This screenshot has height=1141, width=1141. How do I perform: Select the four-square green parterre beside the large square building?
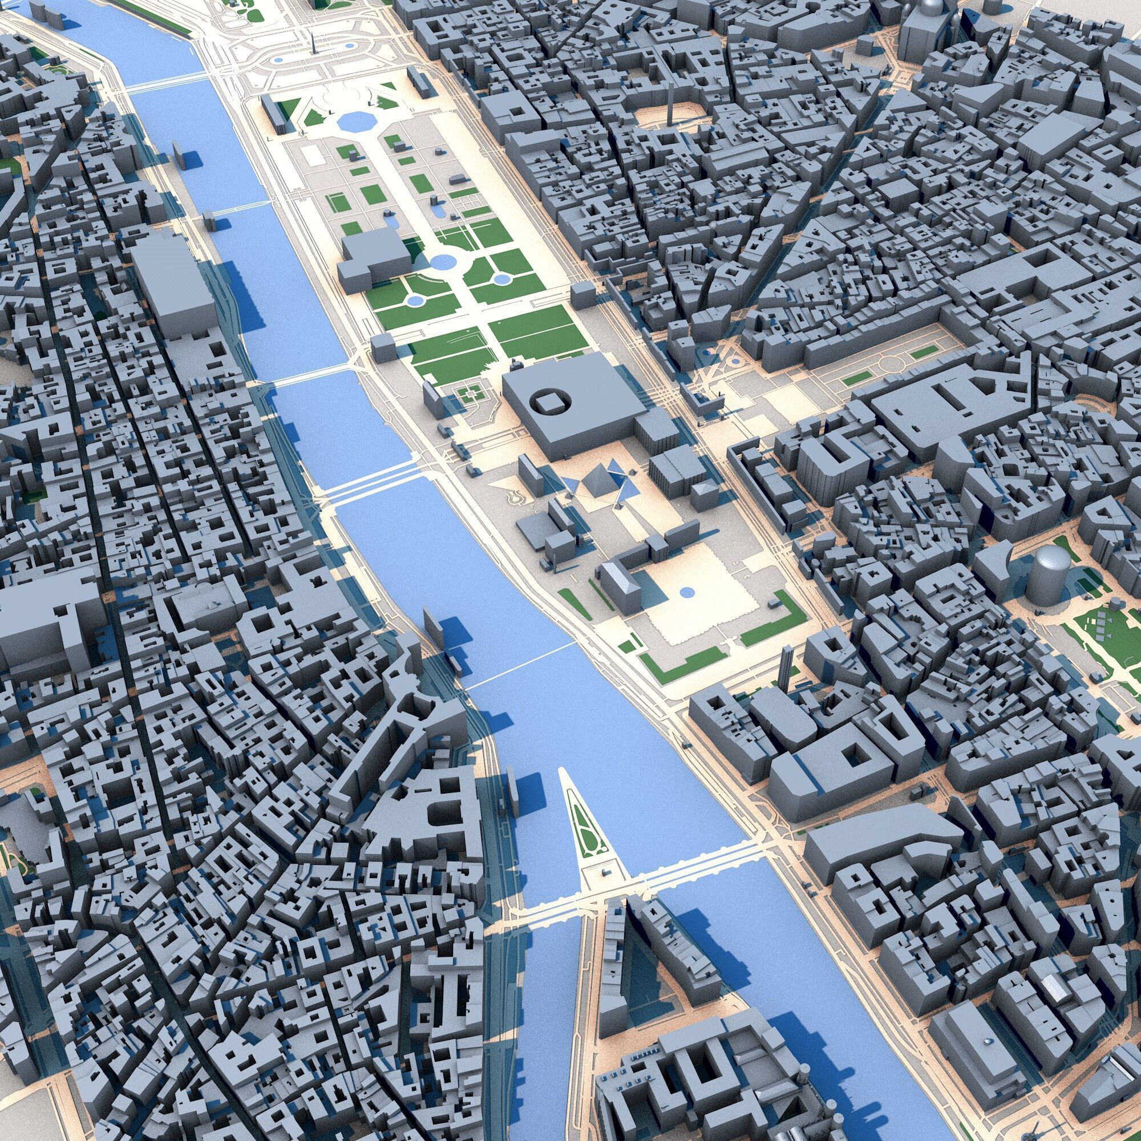(x=471, y=393)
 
